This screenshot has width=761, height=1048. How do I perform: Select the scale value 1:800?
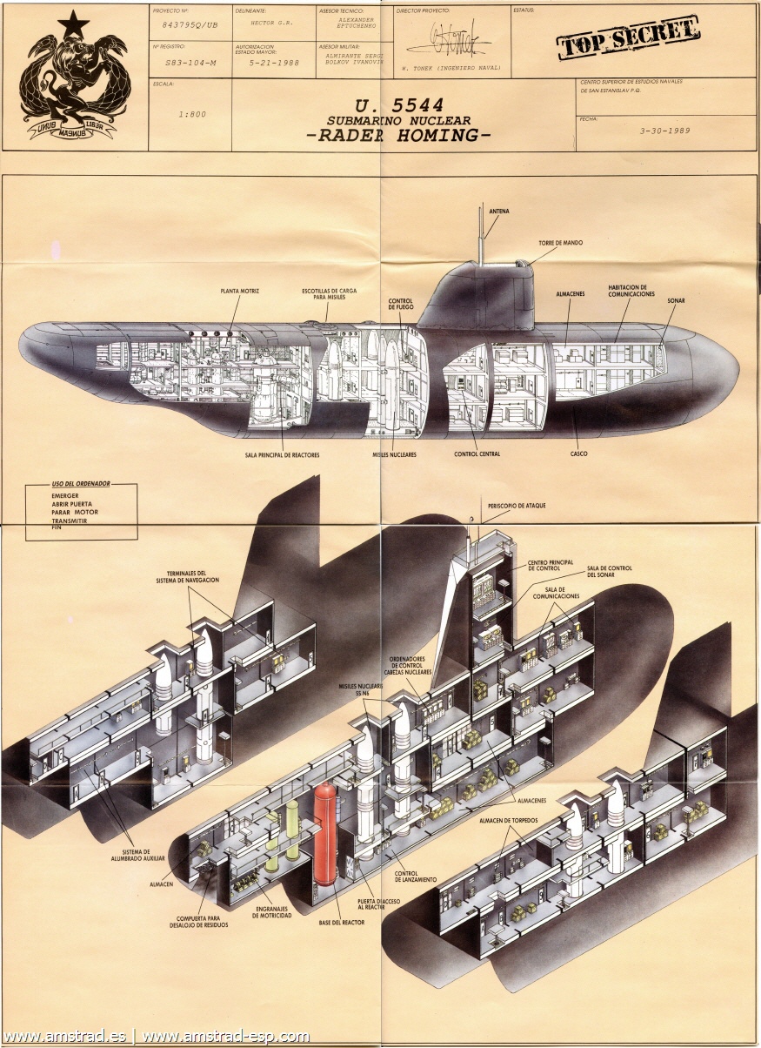[x=192, y=114]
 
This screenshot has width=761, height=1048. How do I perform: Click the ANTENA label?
[x=499, y=211]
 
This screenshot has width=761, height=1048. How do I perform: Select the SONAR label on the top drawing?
[x=676, y=300]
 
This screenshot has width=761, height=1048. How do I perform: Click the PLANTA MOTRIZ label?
[x=239, y=290]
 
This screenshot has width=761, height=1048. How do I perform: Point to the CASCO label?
[x=578, y=453]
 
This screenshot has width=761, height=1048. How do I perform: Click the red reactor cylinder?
[x=325, y=833]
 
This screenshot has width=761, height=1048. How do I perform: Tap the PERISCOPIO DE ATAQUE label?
[x=517, y=506]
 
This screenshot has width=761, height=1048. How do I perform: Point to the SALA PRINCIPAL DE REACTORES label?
[x=283, y=453]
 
